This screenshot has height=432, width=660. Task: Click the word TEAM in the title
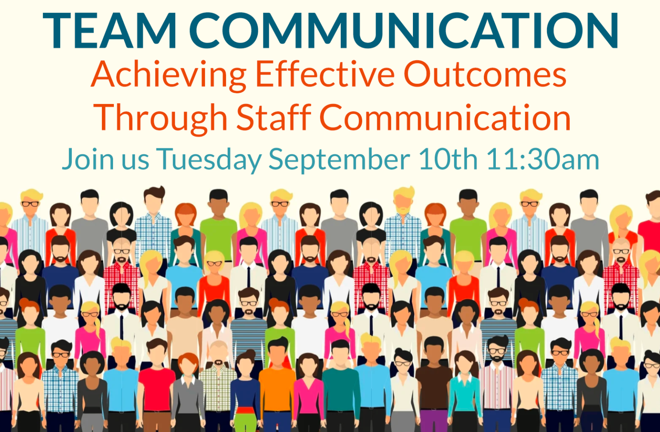coord(110,31)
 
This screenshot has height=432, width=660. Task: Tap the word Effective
coord(325,74)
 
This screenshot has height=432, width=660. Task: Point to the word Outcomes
coord(485,74)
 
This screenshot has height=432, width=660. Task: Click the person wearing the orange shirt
coord(277,387)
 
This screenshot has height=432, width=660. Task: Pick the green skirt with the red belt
coord(246,419)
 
